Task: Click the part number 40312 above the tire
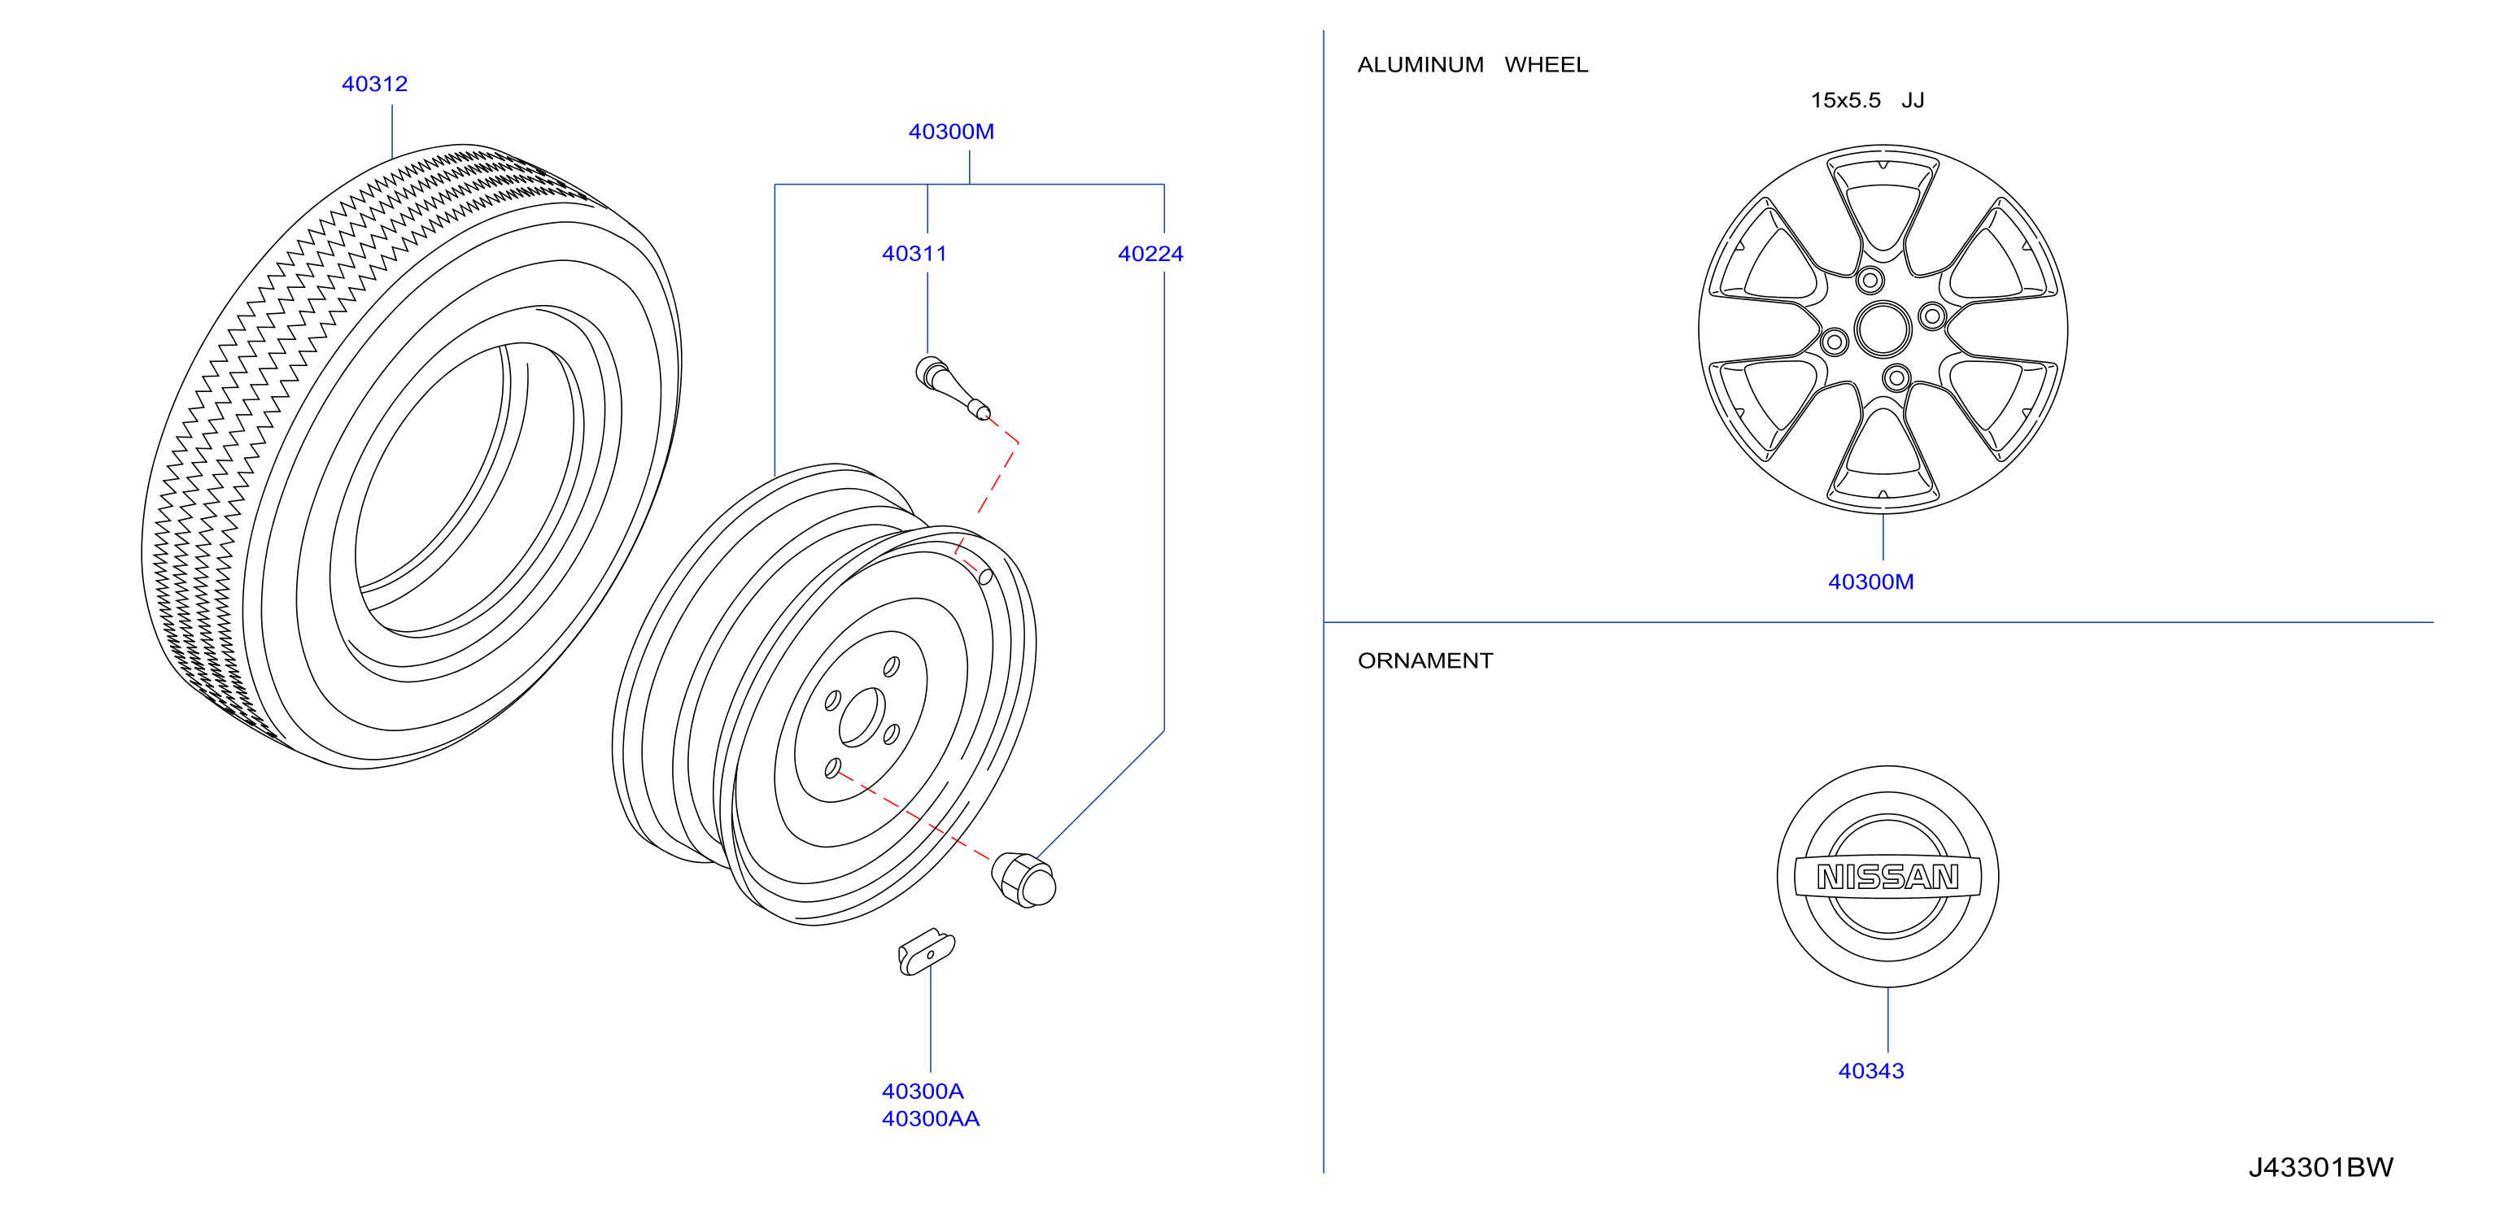[374, 85]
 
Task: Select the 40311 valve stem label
[914, 254]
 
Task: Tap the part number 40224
[1150, 254]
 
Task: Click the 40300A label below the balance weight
[923, 1092]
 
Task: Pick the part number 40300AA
[930, 1119]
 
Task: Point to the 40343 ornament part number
[1870, 1071]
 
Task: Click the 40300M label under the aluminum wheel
[1870, 582]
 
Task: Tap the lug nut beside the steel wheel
[1023, 879]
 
